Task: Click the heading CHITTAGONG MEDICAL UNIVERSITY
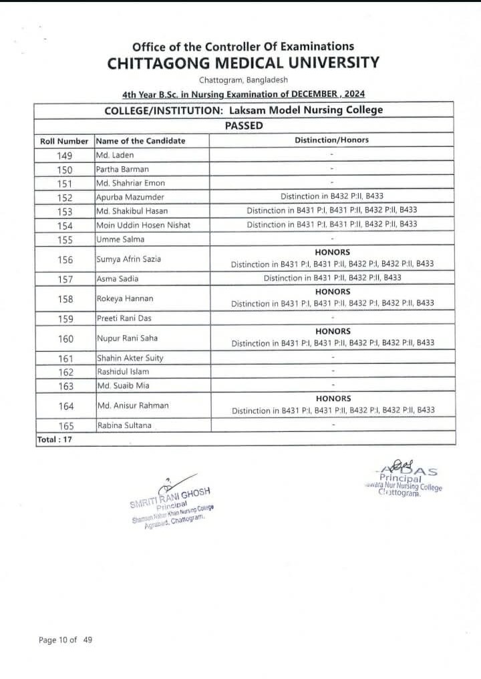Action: click(x=243, y=63)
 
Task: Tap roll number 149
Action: click(x=64, y=156)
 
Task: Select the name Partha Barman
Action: click(x=123, y=169)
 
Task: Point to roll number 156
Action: click(x=64, y=258)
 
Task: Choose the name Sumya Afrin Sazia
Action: click(x=129, y=258)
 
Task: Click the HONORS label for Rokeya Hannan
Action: click(x=332, y=292)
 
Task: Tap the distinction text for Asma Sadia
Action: click(x=332, y=278)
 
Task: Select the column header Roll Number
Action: click(x=64, y=141)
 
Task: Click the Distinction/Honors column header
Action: click(x=331, y=140)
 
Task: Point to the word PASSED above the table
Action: click(x=244, y=125)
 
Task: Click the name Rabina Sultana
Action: click(x=124, y=425)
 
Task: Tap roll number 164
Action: click(x=64, y=405)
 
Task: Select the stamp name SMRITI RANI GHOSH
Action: click(x=170, y=497)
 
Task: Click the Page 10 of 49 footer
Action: click(x=65, y=640)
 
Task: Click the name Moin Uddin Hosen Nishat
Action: click(x=144, y=224)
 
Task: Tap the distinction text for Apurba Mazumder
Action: click(x=332, y=197)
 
